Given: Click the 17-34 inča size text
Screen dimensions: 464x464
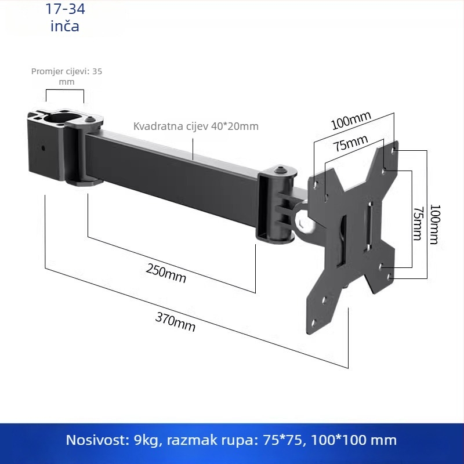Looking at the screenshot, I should (64, 17).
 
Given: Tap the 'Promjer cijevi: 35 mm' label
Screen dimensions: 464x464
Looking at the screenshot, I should (66, 76).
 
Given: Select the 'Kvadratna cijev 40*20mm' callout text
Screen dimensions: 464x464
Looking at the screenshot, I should (196, 126).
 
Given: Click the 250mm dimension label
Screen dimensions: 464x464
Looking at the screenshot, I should (166, 273).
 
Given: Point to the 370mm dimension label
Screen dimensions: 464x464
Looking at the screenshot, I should (175, 322).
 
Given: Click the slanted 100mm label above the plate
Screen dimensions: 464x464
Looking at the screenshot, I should (351, 121).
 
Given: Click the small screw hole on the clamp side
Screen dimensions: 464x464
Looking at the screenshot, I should (43, 147).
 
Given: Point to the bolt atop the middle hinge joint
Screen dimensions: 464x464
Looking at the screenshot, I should (281, 169).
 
